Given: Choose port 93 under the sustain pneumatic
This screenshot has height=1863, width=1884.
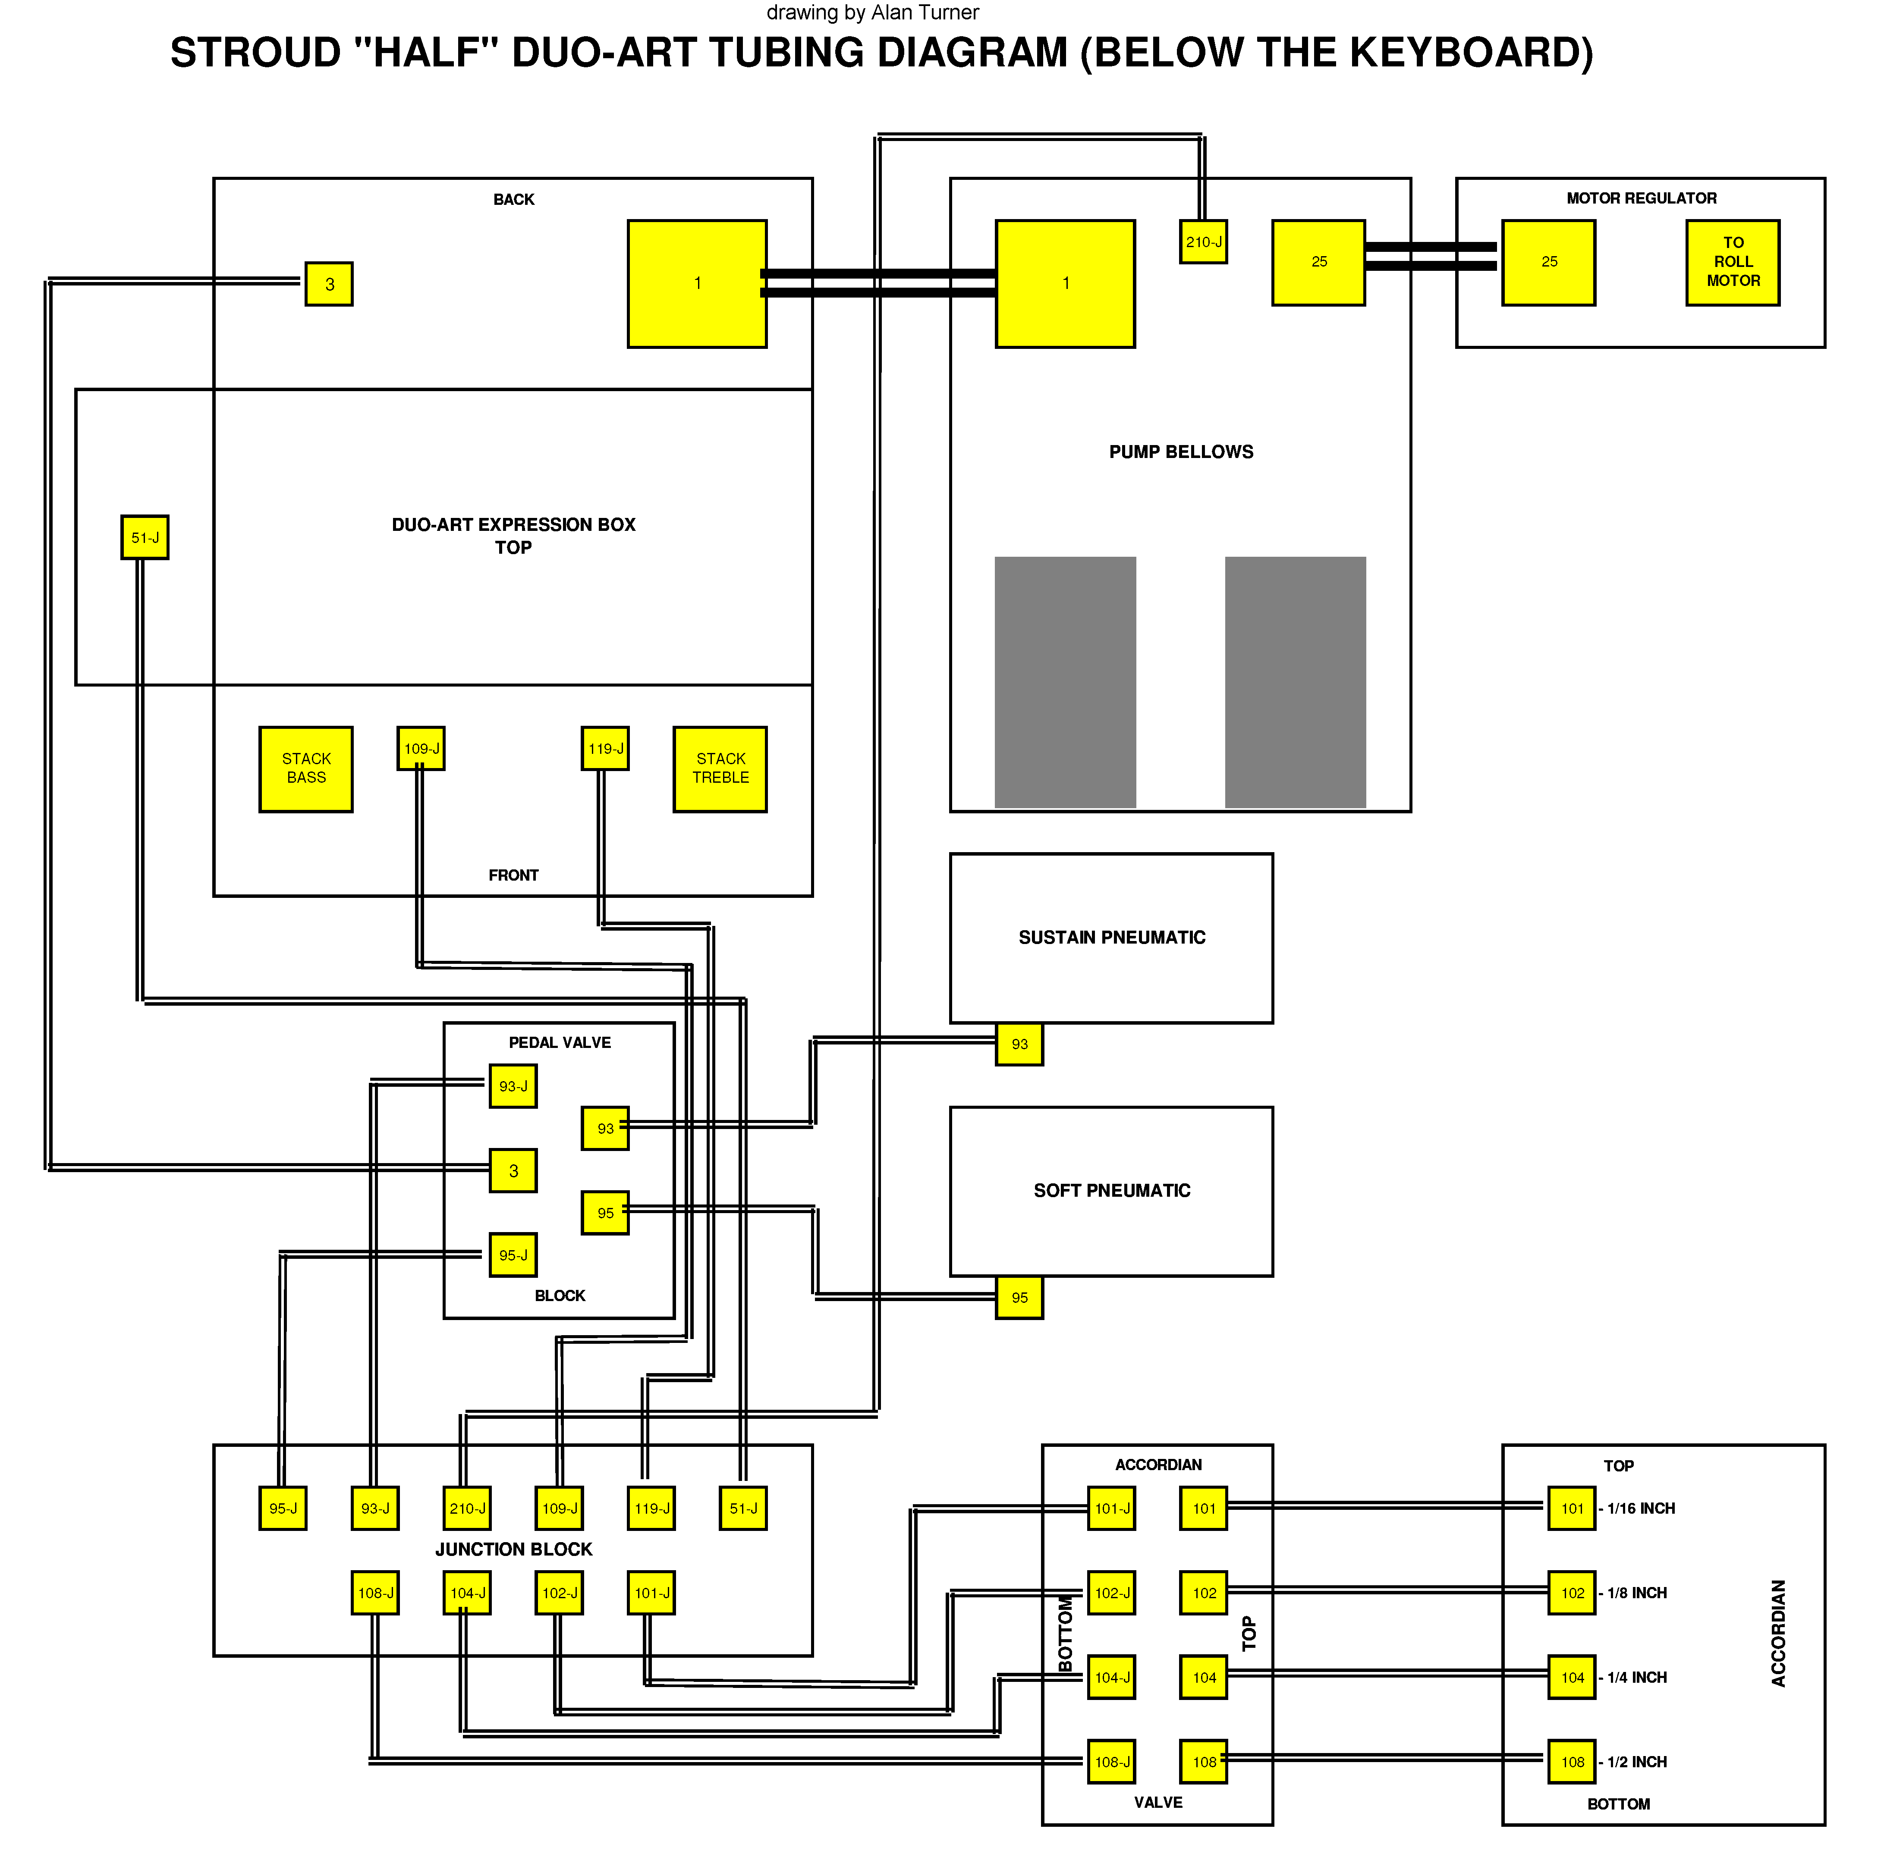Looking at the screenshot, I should coord(1019,1044).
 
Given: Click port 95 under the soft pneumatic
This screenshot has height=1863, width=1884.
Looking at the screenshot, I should coord(1019,1298).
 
